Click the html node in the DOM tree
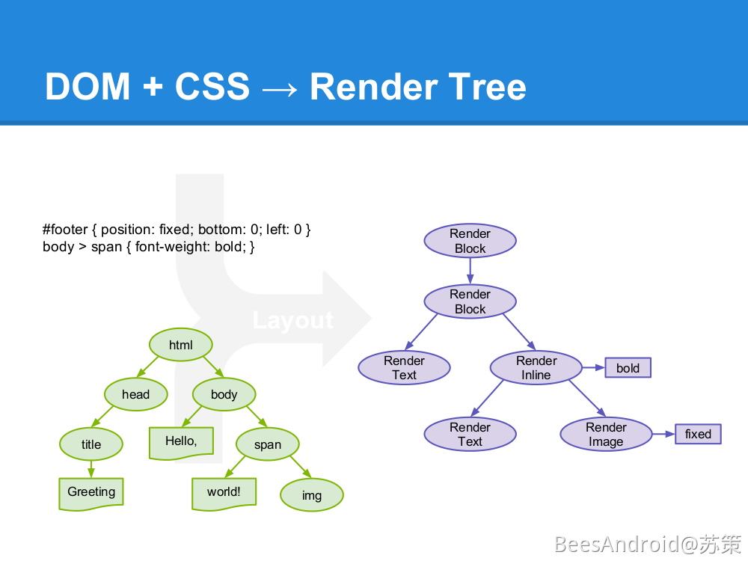(181, 345)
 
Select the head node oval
(135, 394)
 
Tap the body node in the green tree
(224, 394)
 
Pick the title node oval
(91, 444)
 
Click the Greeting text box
(91, 493)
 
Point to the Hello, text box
(181, 442)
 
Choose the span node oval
(267, 444)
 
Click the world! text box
(224, 493)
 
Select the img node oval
(312, 495)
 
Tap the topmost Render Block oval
(470, 241)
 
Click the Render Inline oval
(536, 368)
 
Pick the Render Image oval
(606, 435)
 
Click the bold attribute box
(628, 368)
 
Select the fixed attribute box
(698, 435)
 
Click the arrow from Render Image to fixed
(663, 434)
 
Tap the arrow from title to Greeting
(91, 468)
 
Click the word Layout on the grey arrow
(292, 320)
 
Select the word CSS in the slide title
(212, 87)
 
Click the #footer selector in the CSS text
(65, 230)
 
